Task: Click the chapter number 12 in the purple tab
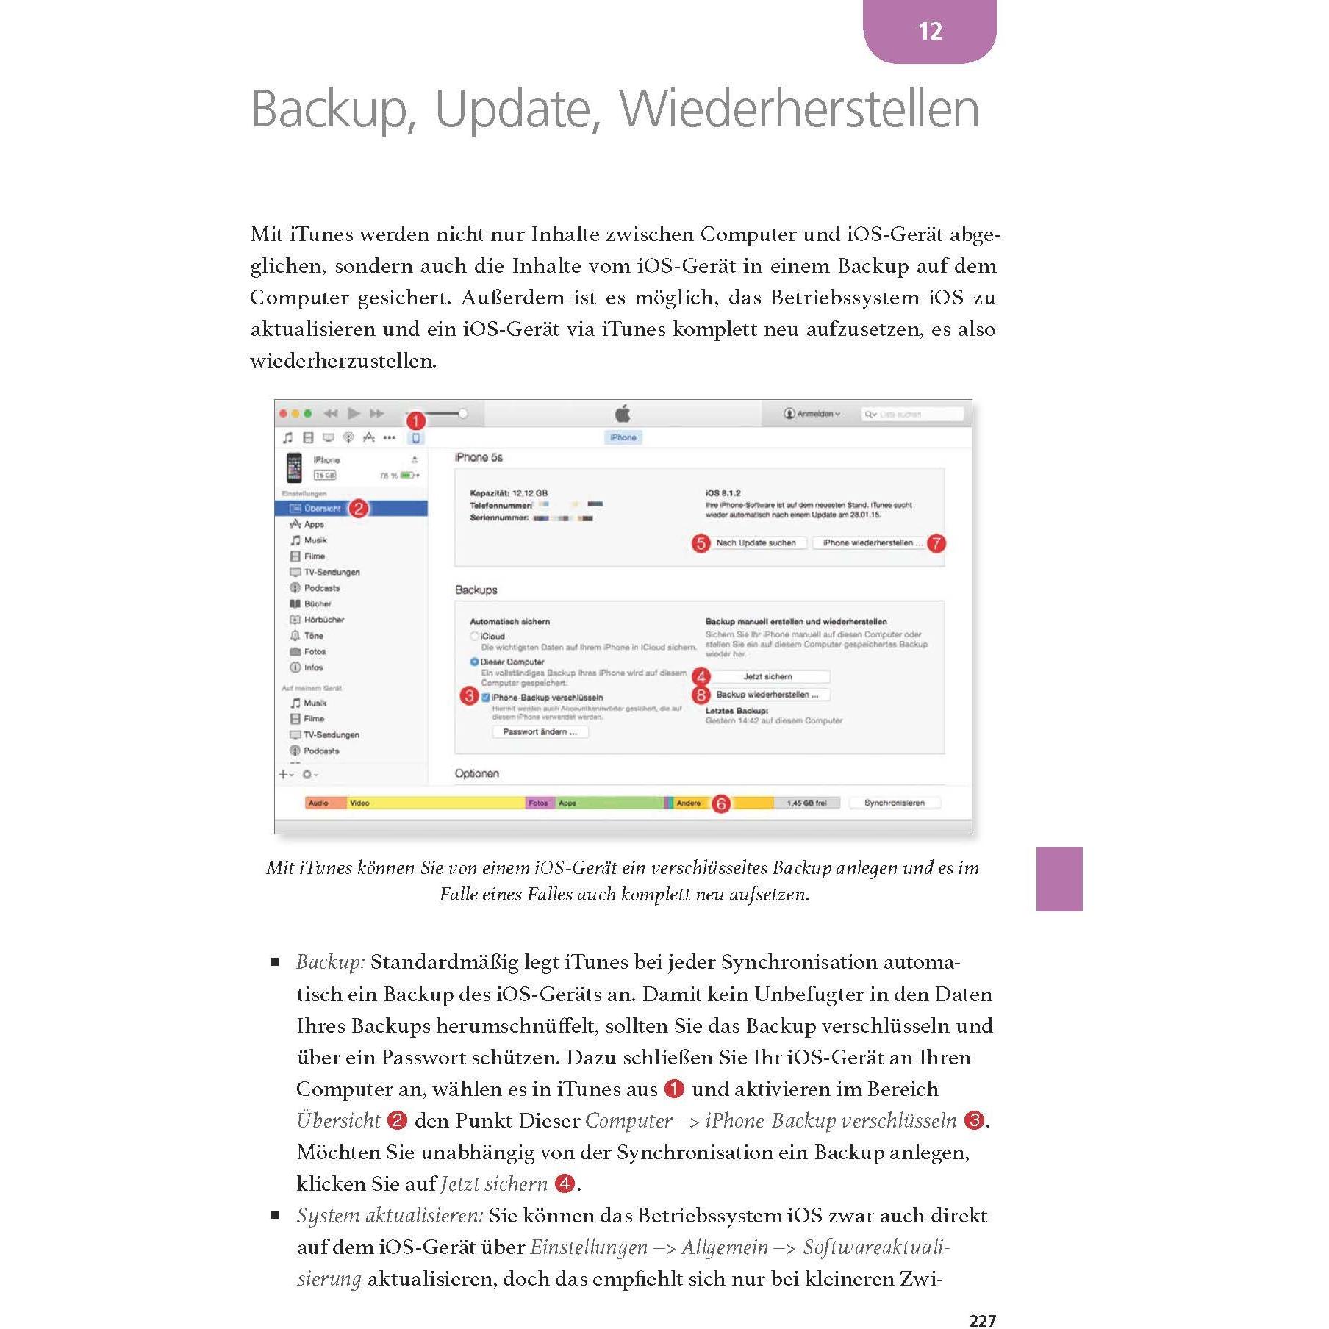coord(929,31)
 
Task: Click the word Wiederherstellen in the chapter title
coord(799,110)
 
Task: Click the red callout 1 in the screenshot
coord(416,421)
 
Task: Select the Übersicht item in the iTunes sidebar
coord(322,508)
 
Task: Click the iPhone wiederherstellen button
coord(867,543)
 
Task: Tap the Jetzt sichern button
coord(768,676)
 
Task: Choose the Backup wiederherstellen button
coord(768,695)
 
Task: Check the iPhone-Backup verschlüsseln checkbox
coord(486,697)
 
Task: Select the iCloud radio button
coord(475,636)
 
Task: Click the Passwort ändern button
coord(540,732)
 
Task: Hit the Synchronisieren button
coord(894,803)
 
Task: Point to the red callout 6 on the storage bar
coord(721,803)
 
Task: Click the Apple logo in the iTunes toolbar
coord(623,413)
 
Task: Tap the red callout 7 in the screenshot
coord(936,543)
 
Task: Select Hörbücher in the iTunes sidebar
coord(323,620)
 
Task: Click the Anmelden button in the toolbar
coord(812,414)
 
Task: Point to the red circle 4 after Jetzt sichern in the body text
coord(565,1183)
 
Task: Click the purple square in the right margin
coord(1058,878)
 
